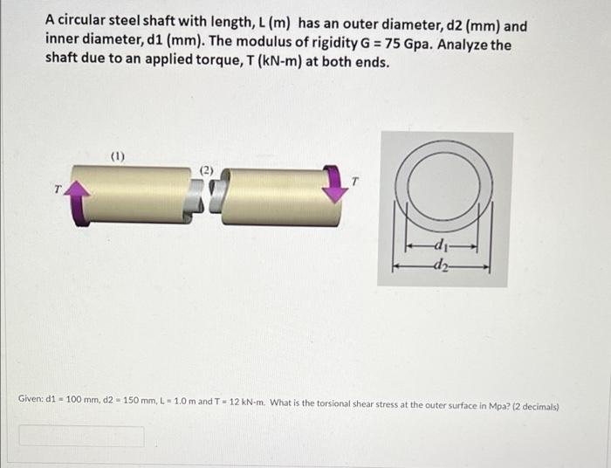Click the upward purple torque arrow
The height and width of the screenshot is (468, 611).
78,203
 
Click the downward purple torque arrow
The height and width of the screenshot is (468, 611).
334,183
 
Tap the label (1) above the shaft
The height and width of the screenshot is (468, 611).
118,156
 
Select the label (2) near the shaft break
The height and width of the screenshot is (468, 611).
207,170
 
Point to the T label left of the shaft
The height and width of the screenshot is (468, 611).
58,189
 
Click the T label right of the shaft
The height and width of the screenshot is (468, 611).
354,182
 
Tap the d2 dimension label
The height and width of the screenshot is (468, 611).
441,265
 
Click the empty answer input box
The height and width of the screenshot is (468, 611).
82,436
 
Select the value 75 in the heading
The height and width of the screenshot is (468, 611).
393,44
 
